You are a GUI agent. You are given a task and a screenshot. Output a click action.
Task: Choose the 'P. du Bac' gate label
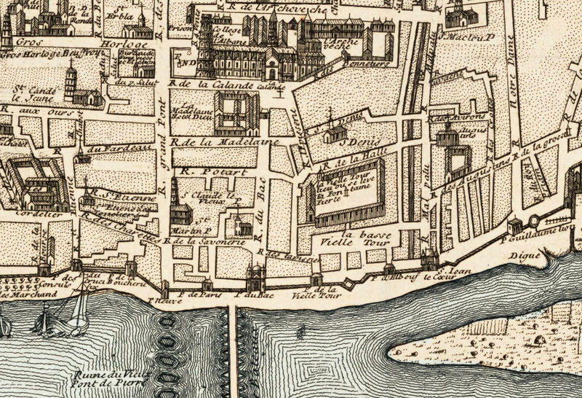(x=250, y=295)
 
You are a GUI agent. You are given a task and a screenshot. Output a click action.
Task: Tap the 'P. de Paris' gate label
(x=199, y=295)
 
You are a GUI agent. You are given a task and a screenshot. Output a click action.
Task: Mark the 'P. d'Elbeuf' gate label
(x=389, y=277)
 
